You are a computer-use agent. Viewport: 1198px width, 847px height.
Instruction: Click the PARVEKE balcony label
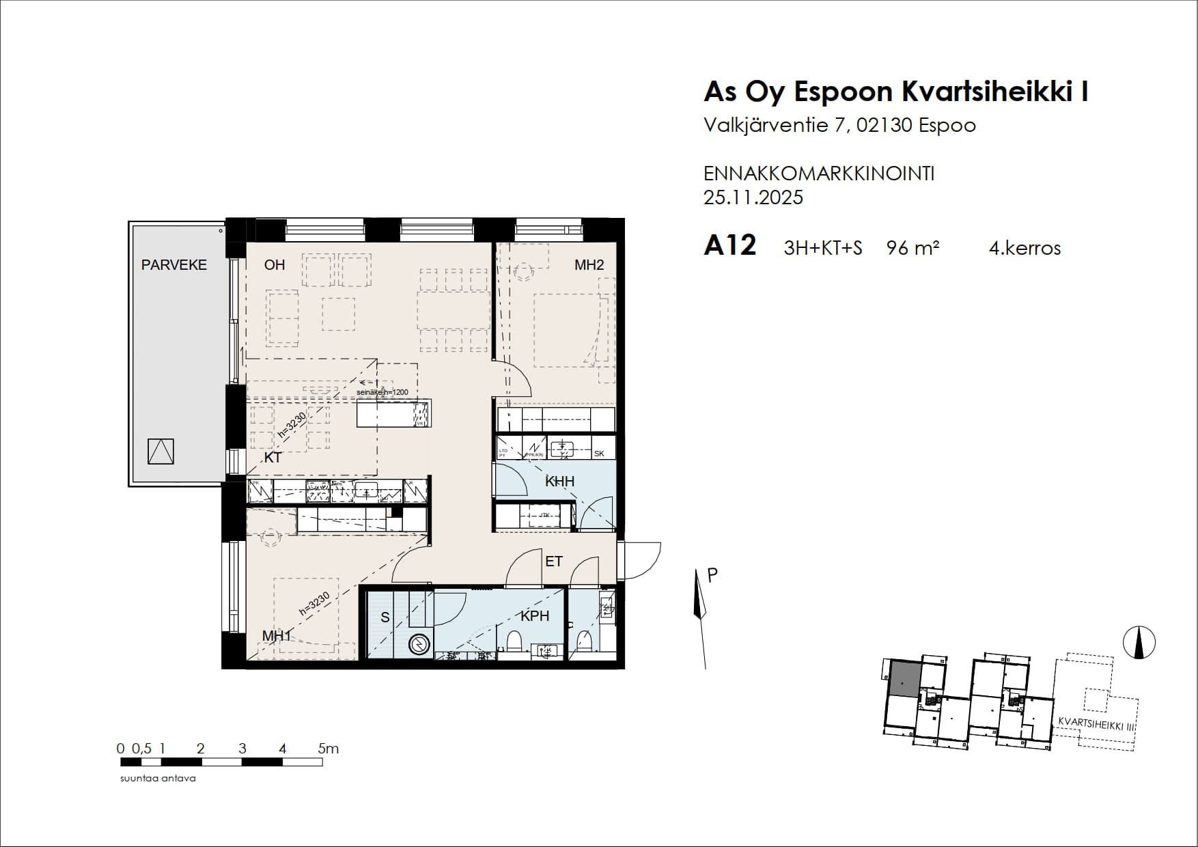coord(173,265)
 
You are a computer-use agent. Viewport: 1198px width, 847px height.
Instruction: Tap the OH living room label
coord(275,265)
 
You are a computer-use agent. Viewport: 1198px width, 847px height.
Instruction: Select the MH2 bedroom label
coord(589,265)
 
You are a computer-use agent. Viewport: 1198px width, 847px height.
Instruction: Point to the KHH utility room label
coord(559,482)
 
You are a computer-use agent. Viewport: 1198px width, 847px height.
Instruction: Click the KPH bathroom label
coord(535,616)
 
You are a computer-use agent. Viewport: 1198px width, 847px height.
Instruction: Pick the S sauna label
coord(385,617)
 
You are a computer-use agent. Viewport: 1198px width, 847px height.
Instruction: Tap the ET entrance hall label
coord(553,561)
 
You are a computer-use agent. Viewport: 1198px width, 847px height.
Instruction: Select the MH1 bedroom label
coord(277,636)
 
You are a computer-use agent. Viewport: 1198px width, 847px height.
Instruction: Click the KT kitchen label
coord(273,458)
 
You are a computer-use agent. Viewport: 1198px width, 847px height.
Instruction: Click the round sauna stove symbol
coord(419,644)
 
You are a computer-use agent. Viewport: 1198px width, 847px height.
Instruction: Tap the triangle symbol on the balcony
coord(161,452)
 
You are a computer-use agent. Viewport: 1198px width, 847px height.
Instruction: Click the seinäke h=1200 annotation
coord(382,392)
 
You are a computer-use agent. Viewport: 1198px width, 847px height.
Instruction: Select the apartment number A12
coord(729,245)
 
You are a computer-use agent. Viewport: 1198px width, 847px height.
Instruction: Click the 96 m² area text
coord(913,247)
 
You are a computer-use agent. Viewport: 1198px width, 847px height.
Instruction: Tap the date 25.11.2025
coord(753,197)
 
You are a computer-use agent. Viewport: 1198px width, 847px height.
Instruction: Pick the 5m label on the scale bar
coord(328,749)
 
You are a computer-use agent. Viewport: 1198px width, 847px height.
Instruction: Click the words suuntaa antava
coord(158,778)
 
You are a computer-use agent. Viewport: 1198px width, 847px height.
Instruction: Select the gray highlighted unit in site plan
coord(904,679)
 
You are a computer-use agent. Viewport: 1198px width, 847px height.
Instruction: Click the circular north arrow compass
coord(1139,642)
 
